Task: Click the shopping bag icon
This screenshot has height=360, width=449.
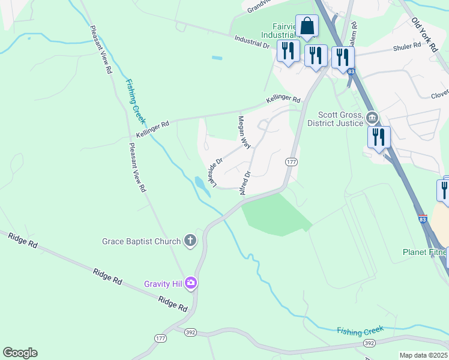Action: [x=307, y=26]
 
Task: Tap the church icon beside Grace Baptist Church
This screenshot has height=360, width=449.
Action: [x=190, y=241]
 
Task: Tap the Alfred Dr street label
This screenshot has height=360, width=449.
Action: [x=245, y=182]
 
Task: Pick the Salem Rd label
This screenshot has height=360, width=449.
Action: [x=354, y=34]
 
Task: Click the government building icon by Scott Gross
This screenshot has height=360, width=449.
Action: [x=372, y=116]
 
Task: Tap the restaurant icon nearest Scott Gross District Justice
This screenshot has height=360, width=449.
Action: [x=379, y=137]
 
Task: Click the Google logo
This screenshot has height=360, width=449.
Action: [x=20, y=353]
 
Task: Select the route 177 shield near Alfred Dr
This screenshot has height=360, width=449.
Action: [x=291, y=162]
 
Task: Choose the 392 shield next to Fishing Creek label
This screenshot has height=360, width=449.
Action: [x=369, y=343]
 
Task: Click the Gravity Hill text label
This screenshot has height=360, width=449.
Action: [x=163, y=284]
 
